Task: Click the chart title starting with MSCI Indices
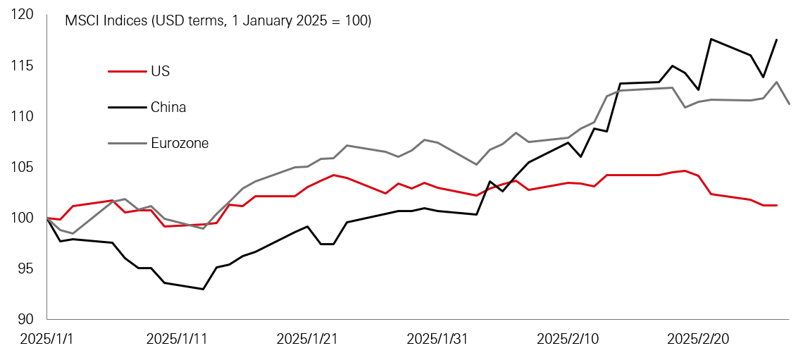point(218,21)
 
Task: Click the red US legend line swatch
point(126,71)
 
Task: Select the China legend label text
point(168,107)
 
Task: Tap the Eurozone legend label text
point(180,143)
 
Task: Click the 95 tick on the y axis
point(26,268)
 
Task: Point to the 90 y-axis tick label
point(26,319)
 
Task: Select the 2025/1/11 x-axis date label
point(177,339)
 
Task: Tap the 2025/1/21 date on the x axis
point(307,339)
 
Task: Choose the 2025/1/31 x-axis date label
point(437,339)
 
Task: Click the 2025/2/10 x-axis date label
point(568,339)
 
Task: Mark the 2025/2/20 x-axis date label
point(698,339)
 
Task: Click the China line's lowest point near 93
point(203,289)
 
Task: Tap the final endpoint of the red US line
point(776,205)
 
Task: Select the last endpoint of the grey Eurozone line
point(789,104)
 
